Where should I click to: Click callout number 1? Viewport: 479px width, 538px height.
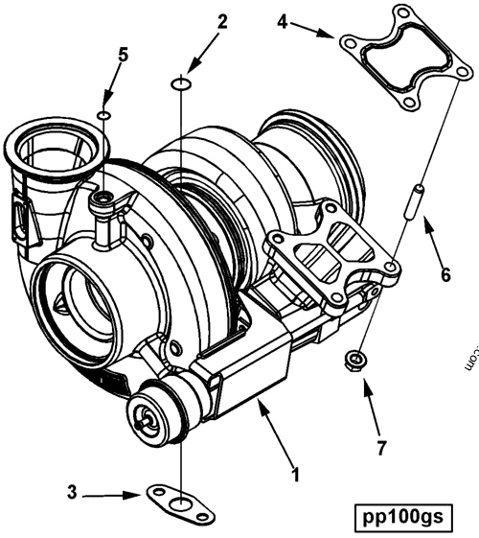point(296,474)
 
